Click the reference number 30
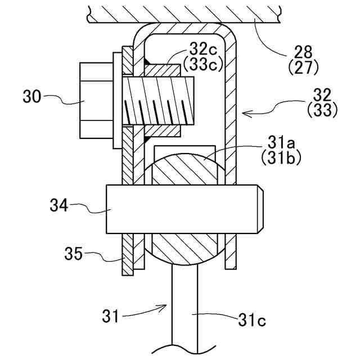click(x=31, y=96)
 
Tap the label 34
click(x=59, y=205)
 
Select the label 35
click(x=73, y=254)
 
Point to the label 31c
click(x=252, y=319)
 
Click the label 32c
click(x=203, y=50)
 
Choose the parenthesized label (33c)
click(x=203, y=64)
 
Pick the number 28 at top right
click(x=303, y=52)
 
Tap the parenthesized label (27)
click(x=303, y=67)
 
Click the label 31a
click(x=281, y=143)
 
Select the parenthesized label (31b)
click(x=281, y=158)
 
